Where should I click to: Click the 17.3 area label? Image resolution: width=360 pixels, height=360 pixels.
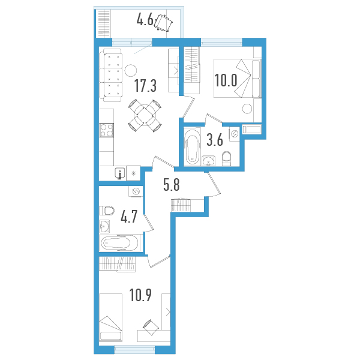[145, 86]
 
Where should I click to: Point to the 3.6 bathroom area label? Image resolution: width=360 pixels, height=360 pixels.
[215, 141]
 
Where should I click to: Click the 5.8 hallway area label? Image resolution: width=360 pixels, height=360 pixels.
[172, 185]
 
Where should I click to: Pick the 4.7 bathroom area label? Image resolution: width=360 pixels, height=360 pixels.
[130, 216]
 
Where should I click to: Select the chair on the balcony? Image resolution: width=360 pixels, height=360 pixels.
[164, 22]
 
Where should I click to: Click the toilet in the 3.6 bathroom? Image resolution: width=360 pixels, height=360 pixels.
[227, 157]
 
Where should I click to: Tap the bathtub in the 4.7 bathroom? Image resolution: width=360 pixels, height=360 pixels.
[120, 244]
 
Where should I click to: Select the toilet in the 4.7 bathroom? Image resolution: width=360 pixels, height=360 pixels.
[107, 211]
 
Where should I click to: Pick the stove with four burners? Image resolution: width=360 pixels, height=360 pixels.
[107, 130]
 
